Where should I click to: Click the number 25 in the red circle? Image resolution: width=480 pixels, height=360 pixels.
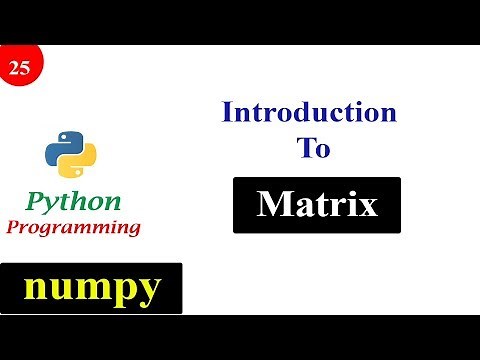click(x=18, y=68)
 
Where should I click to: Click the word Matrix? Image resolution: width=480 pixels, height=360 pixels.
click(x=317, y=205)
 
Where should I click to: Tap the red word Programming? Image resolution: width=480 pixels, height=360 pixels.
click(x=73, y=227)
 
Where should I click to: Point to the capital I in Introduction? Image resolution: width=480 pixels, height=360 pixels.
click(x=227, y=111)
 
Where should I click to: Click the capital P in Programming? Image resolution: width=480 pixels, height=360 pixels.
click(x=13, y=226)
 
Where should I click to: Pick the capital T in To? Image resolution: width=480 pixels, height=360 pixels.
click(x=303, y=148)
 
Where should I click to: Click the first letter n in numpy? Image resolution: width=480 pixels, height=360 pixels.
click(x=35, y=288)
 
